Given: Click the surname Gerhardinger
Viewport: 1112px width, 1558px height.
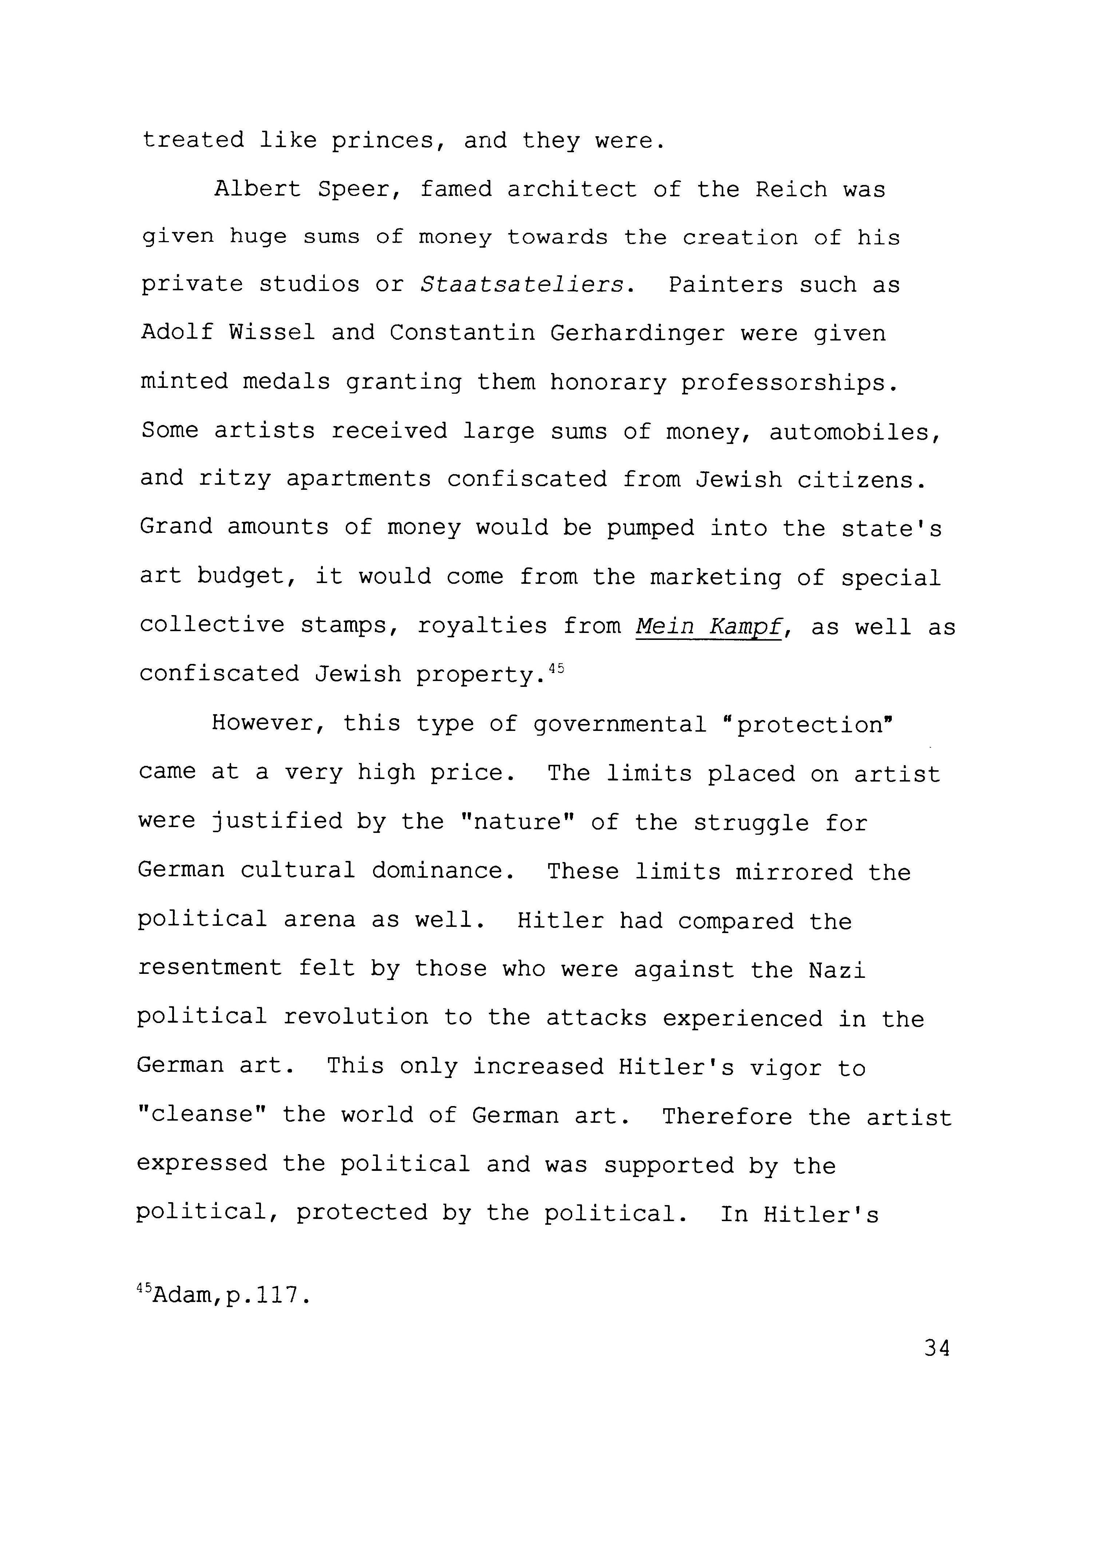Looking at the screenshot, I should (637, 334).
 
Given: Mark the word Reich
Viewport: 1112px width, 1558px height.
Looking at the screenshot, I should (791, 189).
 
